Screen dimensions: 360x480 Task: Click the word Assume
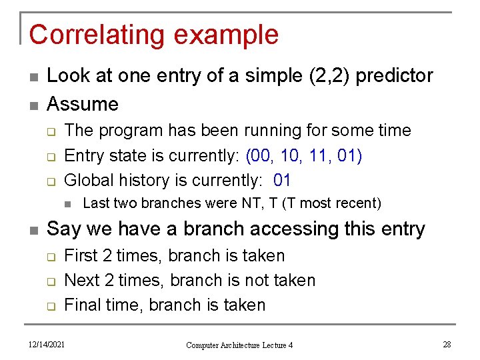click(83, 104)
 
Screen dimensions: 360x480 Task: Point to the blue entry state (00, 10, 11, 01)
click(304, 155)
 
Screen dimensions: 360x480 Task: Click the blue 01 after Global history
click(282, 180)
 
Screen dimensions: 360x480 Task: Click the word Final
click(82, 305)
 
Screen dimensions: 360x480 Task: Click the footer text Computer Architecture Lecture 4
click(239, 345)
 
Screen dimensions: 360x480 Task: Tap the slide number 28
click(447, 344)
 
